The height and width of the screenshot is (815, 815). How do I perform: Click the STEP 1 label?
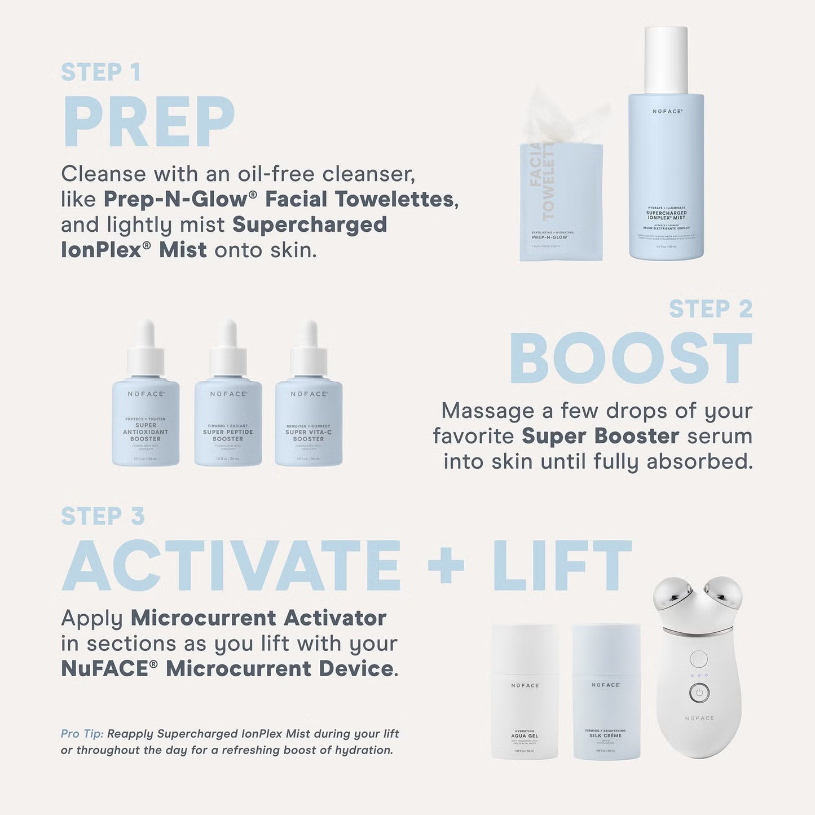point(100,72)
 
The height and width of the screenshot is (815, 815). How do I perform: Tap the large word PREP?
point(148,122)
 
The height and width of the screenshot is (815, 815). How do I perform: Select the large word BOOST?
point(631,359)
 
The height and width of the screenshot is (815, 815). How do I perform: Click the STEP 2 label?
point(711,309)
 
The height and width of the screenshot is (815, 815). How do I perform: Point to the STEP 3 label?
point(103,516)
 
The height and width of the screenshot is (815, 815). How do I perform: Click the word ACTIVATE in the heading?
point(232,566)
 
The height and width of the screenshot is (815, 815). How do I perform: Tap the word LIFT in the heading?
point(562,566)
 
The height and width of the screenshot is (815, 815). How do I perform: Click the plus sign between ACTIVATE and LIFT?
point(446,566)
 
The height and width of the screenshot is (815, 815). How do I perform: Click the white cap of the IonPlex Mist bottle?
point(666,59)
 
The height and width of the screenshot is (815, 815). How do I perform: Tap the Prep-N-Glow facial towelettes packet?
point(561,203)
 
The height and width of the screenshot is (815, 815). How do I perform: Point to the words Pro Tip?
point(82,734)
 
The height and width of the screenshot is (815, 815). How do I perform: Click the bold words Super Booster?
point(600,436)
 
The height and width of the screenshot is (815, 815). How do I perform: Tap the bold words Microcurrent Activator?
point(258,618)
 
